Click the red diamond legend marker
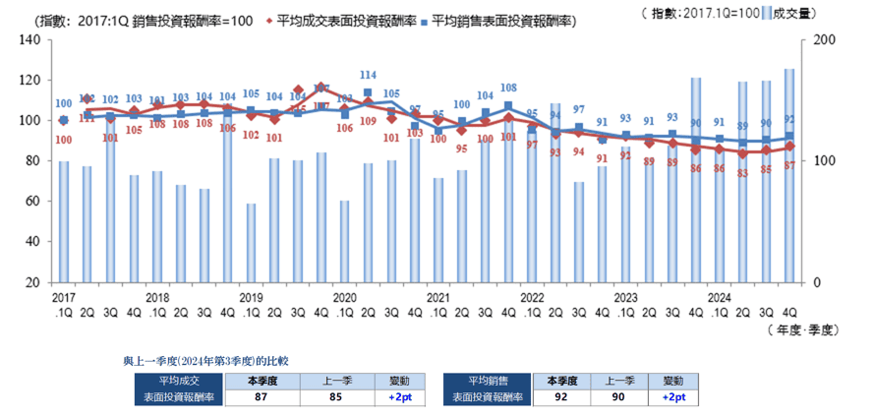pos(268,19)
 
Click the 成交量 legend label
pos(794,13)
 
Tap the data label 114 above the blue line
pos(368,75)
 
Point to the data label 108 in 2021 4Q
pos(508,88)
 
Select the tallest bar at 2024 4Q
pos(789,175)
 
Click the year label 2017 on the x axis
pos(64,296)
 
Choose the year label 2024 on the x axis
pos(720,296)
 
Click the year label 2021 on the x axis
pos(438,296)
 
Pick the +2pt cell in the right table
pos(673,397)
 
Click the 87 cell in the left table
pos(262,397)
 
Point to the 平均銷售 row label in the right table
pos(487,380)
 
